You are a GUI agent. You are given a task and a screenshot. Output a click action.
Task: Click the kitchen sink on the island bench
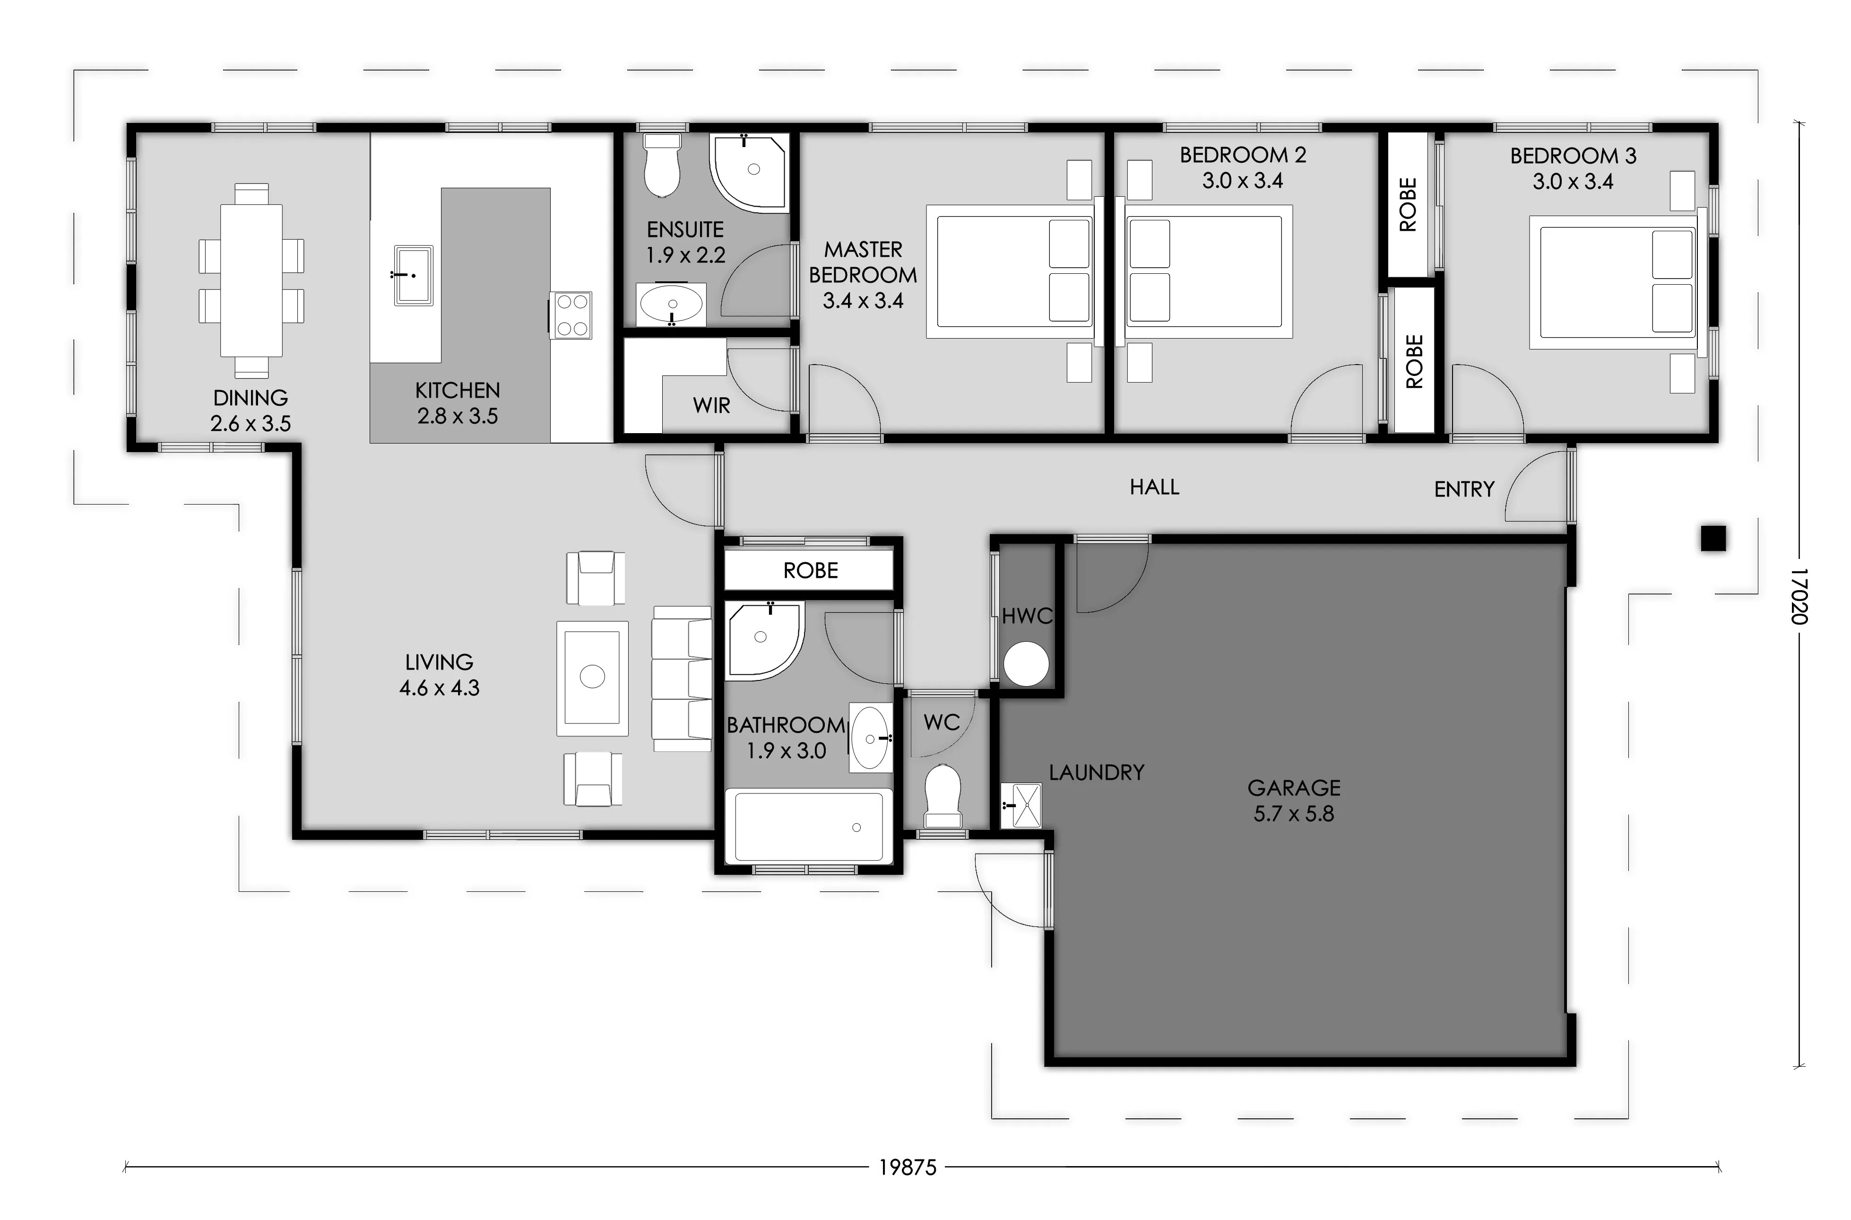413,275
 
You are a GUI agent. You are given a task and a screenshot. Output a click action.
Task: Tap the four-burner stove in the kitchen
571,315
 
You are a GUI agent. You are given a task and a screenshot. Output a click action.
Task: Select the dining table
251,280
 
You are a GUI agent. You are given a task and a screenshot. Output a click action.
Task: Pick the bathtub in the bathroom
809,827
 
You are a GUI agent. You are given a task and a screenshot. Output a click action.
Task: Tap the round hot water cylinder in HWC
1026,664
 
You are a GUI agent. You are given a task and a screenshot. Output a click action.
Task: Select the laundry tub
1021,805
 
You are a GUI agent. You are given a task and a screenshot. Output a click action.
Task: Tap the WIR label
712,405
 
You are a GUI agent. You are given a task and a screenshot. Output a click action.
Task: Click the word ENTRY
1464,489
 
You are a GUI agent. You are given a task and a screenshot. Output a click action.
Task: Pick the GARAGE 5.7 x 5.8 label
1294,801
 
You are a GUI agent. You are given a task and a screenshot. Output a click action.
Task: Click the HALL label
1154,487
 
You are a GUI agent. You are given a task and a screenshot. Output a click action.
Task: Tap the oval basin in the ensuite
670,304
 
